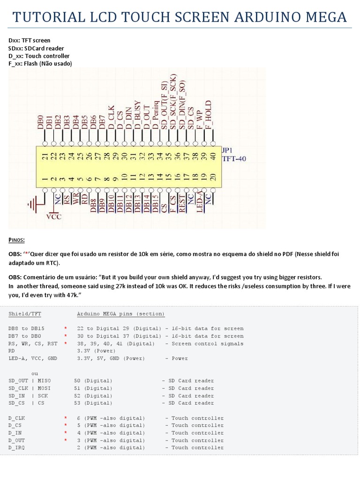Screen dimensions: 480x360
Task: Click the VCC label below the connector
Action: (54, 217)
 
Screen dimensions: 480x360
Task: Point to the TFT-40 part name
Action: (234, 159)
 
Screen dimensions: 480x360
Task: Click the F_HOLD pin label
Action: (209, 115)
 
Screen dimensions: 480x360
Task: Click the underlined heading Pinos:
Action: (17, 240)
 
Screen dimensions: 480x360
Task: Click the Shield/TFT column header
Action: (25, 314)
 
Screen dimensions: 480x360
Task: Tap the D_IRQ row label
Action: (16, 448)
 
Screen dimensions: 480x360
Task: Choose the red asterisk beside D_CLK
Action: (66, 418)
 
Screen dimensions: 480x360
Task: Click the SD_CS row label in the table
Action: (16, 403)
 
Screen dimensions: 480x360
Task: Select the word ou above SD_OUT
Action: (34, 373)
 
